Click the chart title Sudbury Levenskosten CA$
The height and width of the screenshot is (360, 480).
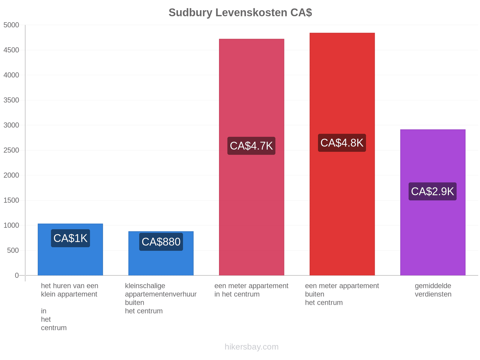pos(240,13)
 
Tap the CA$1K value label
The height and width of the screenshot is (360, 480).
pos(70,238)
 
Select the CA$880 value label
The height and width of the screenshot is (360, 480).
pos(161,241)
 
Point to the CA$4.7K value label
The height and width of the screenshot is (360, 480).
pos(251,146)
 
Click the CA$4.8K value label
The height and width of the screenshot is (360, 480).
pos(342,143)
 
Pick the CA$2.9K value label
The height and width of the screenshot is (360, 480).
pos(432,191)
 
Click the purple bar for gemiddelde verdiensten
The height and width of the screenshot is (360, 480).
pos(433,202)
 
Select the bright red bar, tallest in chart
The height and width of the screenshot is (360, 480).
pos(342,154)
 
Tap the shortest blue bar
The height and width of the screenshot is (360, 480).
pos(161,253)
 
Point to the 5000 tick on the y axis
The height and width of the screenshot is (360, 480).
pos(11,25)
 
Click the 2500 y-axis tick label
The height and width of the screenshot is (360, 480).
pos(11,150)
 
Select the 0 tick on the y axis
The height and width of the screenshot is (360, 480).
pos(16,275)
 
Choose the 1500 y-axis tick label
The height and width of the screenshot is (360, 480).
pos(11,200)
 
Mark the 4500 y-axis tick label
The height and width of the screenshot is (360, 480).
pos(11,50)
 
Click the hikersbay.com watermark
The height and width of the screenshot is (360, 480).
pos(251,347)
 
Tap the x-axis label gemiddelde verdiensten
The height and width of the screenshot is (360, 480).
pos(433,290)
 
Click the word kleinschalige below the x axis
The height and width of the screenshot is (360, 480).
pos(145,286)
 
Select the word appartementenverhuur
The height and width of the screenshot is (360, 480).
pos(161,294)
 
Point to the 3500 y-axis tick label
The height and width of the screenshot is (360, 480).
pos(11,100)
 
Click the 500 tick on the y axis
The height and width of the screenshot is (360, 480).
pos(13,250)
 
